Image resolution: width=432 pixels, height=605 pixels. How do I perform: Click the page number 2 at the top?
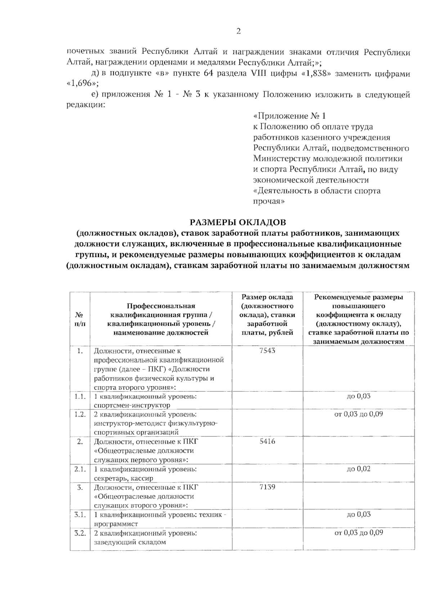pos(238,31)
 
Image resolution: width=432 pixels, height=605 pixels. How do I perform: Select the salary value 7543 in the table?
pos(267,350)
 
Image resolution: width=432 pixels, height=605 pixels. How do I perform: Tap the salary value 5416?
pos(267,441)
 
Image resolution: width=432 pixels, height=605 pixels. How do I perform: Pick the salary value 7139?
pos(267,487)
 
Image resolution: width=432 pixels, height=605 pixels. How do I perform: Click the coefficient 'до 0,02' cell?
pos(359,469)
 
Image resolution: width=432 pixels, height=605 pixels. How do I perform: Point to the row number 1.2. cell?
pos(80,414)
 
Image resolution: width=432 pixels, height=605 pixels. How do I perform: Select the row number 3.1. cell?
pos(80,514)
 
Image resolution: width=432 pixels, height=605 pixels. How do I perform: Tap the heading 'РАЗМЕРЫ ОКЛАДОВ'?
pos(238,222)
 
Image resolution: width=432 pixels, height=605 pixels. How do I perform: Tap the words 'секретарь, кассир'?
pos(123,478)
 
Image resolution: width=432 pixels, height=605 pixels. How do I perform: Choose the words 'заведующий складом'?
pos(130,542)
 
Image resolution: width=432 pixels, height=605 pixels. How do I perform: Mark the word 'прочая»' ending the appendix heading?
pos(269,201)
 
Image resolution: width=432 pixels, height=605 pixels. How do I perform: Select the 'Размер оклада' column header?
pos(267,297)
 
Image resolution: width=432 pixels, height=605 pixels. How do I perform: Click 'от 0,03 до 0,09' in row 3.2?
pos(359,533)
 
